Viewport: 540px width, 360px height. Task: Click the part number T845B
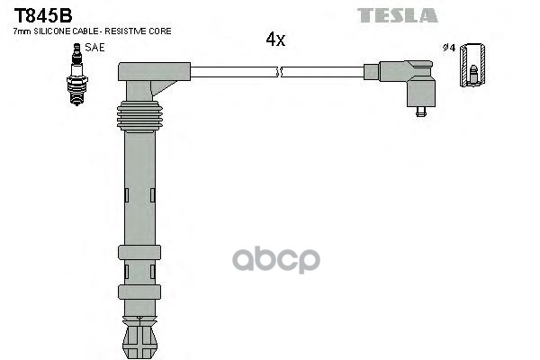coord(42,15)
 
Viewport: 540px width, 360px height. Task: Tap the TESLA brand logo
coord(397,15)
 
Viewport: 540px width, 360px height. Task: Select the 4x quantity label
coord(275,40)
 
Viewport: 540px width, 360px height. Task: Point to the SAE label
coord(94,46)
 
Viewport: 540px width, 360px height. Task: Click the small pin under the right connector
coord(420,112)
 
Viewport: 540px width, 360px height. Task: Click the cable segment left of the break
coord(234,71)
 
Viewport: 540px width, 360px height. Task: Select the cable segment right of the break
coord(324,71)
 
